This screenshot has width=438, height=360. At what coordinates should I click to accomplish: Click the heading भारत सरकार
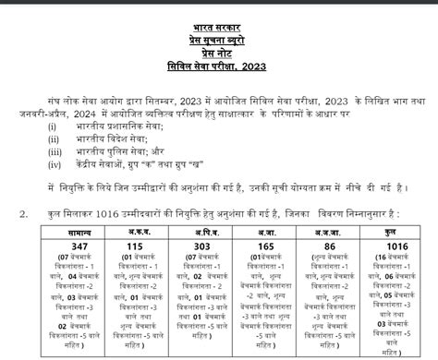coord(219,18)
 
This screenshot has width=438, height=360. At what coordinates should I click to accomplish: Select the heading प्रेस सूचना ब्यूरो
coord(219,31)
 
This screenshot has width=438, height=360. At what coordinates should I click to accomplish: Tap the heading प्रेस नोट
coord(219,45)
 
